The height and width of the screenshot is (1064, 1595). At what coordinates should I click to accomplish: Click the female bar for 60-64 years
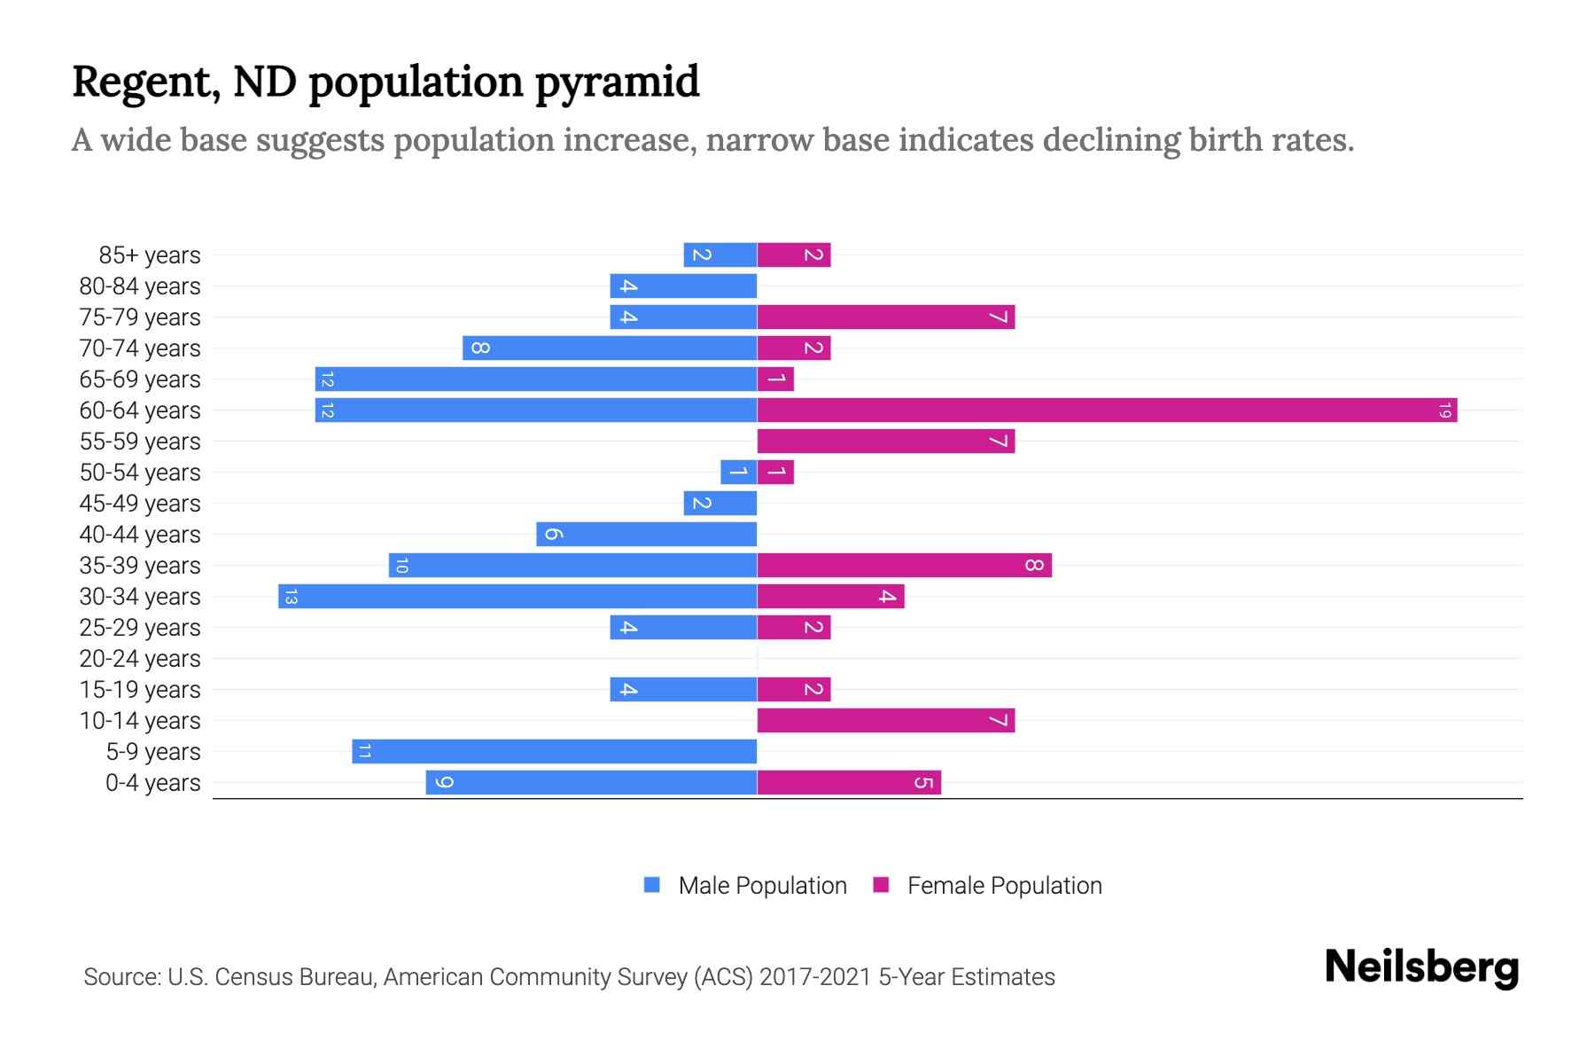click(x=1107, y=411)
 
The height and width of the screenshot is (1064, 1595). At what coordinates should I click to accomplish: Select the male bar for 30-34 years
click(x=517, y=597)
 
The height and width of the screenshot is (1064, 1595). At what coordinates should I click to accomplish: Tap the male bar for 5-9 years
click(x=554, y=752)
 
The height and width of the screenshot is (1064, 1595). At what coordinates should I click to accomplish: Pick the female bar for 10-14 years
click(x=885, y=721)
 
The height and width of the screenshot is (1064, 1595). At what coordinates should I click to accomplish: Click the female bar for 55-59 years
click(x=885, y=442)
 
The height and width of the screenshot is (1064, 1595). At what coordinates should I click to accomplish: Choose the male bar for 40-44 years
click(x=646, y=535)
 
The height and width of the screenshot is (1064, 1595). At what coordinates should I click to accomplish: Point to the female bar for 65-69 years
click(x=775, y=379)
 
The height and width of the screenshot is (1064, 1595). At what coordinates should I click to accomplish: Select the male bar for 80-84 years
click(x=683, y=286)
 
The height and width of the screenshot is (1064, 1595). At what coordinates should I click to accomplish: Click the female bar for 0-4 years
click(x=849, y=783)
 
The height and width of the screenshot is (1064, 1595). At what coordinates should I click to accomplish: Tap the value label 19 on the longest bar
click(x=1444, y=411)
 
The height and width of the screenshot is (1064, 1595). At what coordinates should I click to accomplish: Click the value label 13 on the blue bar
click(x=291, y=597)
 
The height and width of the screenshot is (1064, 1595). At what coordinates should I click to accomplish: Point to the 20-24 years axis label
click(x=140, y=659)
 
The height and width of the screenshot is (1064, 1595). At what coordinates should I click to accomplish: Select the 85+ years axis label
click(x=150, y=255)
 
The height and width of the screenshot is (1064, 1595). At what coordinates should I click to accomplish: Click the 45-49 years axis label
click(x=140, y=504)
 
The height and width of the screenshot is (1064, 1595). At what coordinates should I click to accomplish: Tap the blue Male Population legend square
click(x=652, y=885)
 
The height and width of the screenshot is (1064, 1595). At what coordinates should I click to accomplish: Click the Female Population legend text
click(x=1004, y=886)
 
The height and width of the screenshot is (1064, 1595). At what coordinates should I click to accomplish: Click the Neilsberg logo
click(x=1421, y=967)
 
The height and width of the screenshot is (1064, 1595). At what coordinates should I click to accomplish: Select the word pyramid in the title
click(x=618, y=82)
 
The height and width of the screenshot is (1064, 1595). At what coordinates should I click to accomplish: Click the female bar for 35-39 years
click(x=904, y=566)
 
